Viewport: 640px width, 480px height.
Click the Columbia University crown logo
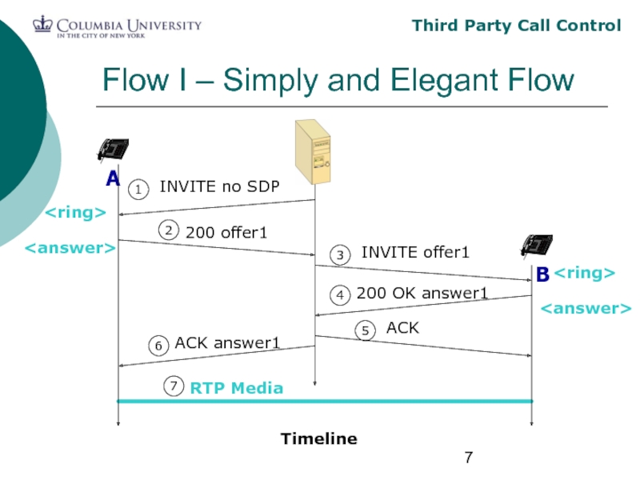point(42,25)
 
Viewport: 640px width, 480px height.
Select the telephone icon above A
point(113,150)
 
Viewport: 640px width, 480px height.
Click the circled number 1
point(138,190)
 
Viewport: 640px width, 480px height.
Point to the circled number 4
point(340,295)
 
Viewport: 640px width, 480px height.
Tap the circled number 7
point(174,386)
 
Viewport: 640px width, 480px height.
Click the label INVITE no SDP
point(219,187)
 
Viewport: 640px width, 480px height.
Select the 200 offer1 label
point(226,233)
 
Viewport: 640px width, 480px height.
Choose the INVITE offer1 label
point(414,253)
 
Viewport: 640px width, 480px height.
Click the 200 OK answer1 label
point(422,294)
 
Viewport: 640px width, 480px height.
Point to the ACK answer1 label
point(227,343)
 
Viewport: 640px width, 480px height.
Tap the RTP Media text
point(236,388)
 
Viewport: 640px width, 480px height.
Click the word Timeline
point(318,438)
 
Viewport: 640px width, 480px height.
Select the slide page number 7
point(469,458)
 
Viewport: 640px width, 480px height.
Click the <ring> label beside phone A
point(74,213)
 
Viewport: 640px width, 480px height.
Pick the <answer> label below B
point(584,308)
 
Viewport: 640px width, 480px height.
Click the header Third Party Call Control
point(516,26)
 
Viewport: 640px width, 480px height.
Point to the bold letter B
point(542,275)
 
